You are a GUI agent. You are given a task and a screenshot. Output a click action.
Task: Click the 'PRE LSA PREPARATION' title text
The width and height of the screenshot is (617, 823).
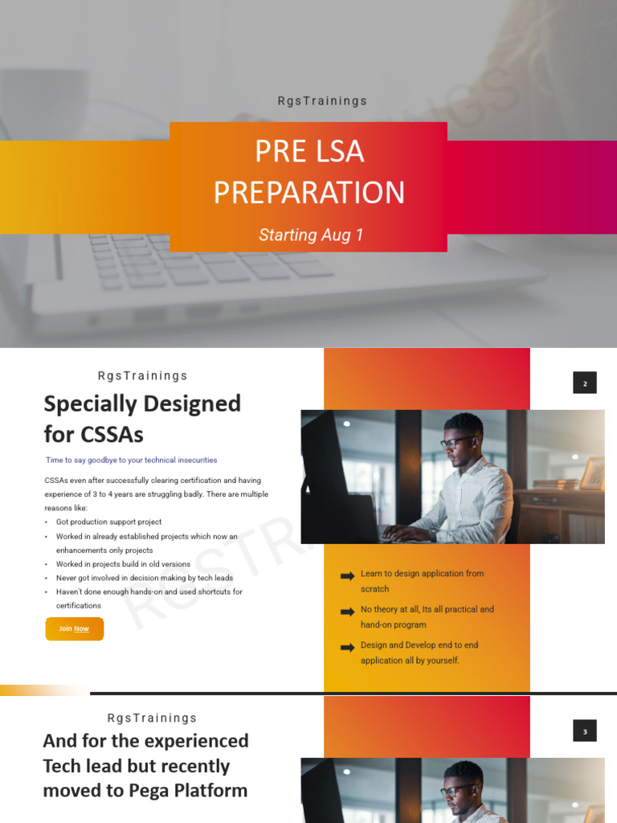308,172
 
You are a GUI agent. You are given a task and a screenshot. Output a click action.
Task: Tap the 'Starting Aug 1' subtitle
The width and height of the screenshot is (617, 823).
311,235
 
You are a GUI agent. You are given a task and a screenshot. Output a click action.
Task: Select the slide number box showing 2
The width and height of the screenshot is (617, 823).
585,383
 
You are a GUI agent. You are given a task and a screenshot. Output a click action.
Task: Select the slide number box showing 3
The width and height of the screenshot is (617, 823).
585,731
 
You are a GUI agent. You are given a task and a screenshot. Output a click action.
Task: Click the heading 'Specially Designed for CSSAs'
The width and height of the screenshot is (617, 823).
142,419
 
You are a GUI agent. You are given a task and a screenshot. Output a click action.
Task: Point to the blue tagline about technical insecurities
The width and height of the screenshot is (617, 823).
131,461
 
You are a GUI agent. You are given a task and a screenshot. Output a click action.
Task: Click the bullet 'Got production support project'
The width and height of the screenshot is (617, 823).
108,522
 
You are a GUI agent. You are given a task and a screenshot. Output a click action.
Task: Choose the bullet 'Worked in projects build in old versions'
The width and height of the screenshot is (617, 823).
123,564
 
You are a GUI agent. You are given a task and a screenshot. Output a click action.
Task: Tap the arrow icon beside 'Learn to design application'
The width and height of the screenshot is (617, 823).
347,576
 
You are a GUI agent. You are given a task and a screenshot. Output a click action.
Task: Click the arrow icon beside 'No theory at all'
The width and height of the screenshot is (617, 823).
347,612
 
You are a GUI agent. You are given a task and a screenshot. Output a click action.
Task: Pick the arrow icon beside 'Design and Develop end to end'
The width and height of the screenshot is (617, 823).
347,647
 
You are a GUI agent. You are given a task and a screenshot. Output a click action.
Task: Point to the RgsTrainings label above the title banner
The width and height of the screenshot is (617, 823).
322,101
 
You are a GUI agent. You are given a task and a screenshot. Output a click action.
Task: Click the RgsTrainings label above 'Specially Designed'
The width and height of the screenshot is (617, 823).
142,375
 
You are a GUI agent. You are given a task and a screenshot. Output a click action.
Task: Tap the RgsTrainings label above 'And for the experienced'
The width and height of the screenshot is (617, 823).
152,718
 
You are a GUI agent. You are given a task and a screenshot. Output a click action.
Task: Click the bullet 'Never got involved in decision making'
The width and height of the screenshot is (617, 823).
145,578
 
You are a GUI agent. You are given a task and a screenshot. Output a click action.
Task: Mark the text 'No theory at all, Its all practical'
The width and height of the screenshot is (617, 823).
427,609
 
